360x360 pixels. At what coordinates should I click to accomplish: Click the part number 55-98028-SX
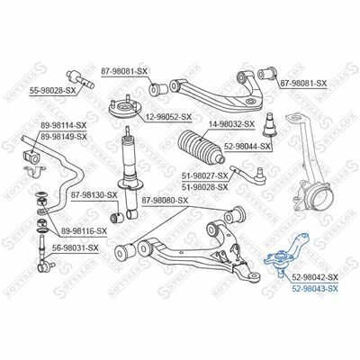pyautogui.click(x=52, y=90)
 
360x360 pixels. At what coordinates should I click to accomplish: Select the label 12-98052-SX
pyautogui.click(x=168, y=118)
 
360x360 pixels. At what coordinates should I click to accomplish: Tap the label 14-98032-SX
pyautogui.click(x=231, y=123)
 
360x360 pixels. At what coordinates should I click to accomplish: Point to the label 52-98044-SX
pyautogui.click(x=247, y=147)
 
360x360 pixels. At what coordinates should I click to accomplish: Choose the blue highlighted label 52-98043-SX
pyautogui.click(x=315, y=289)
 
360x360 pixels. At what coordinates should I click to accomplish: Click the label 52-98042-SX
pyautogui.click(x=315, y=276)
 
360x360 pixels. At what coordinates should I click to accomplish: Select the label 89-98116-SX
pyautogui.click(x=84, y=231)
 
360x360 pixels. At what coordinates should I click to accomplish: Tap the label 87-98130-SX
pyautogui.click(x=94, y=195)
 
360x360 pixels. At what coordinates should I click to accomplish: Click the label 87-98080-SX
pyautogui.click(x=165, y=200)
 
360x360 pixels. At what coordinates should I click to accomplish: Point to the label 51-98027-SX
pyautogui.click(x=205, y=175)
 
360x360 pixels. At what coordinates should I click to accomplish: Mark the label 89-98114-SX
pyautogui.click(x=64, y=125)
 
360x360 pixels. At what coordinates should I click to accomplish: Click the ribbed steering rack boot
pyautogui.click(x=202, y=147)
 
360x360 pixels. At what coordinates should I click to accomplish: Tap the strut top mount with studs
pyautogui.click(x=125, y=109)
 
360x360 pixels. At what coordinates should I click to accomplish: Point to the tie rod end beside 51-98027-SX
pyautogui.click(x=248, y=175)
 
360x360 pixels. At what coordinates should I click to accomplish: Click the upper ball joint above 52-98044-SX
pyautogui.click(x=268, y=124)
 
